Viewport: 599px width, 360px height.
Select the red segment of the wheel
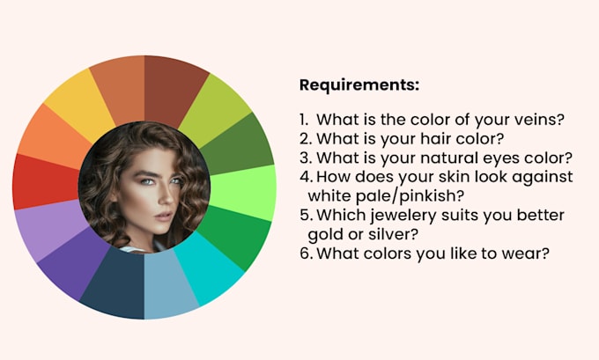click(46, 181)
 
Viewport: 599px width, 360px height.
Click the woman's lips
click(164, 217)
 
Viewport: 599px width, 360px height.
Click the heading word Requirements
click(359, 84)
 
